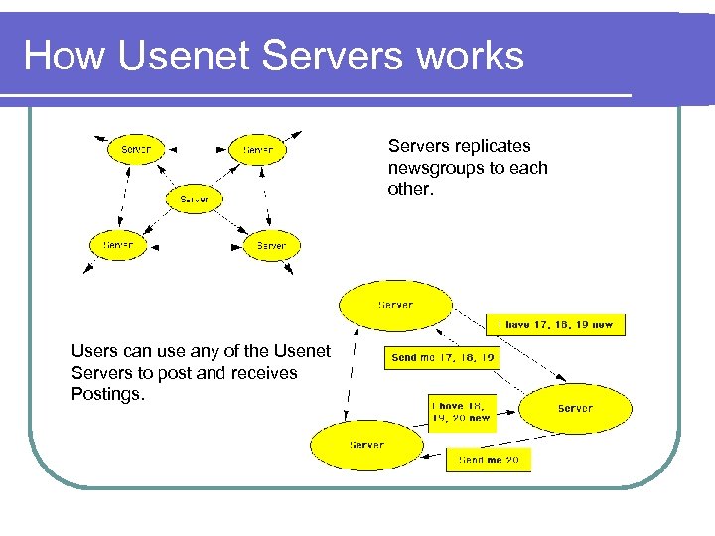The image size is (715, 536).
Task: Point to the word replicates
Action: pyautogui.click(x=494, y=146)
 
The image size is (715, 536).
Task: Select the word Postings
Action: pyautogui.click(x=108, y=394)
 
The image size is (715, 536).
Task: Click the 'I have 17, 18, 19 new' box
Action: pyautogui.click(x=555, y=324)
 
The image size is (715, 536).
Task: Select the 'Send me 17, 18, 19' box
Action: pyautogui.click(x=442, y=357)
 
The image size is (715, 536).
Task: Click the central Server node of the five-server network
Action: pyautogui.click(x=194, y=200)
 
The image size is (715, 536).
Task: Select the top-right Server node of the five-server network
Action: pyautogui.click(x=258, y=150)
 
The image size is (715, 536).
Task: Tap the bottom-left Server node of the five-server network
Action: pyautogui.click(x=118, y=244)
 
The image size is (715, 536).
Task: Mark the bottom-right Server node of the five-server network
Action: pyautogui.click(x=270, y=245)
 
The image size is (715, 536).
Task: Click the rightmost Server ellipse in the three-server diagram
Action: pyautogui.click(x=576, y=408)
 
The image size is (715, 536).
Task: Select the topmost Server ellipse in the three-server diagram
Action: pyautogui.click(x=395, y=305)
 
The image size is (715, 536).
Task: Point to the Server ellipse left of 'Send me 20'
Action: pyautogui.click(x=365, y=446)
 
